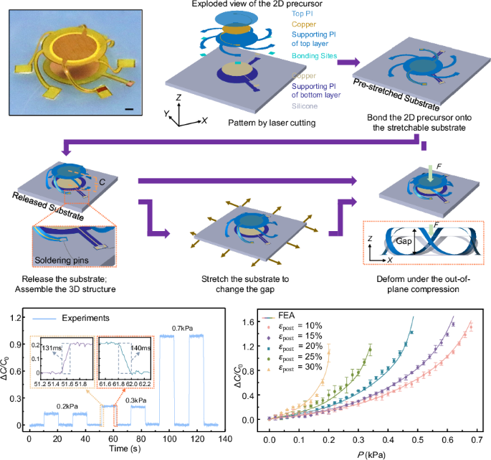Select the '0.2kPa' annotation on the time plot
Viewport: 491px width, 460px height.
coord(68,406)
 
